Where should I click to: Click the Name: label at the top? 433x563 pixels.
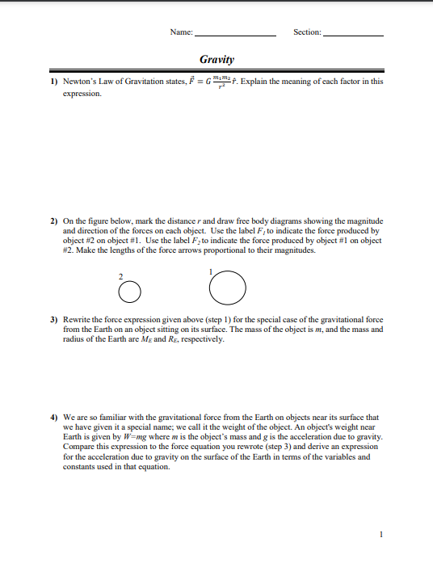pos(181,32)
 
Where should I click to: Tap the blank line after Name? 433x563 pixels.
pos(236,34)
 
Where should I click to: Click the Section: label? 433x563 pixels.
pos(307,32)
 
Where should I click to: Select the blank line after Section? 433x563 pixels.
pos(353,34)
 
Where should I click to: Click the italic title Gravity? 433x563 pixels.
pos(216,60)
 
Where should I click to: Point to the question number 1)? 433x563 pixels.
pos(53,82)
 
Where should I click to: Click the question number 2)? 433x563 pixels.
pos(53,221)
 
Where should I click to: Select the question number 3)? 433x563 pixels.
pos(53,320)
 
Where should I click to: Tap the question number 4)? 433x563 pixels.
pos(53,418)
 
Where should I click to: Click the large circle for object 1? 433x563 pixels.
pos(228,288)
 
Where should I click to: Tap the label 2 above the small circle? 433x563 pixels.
pos(121,276)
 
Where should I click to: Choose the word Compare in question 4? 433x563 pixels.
pos(79,447)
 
